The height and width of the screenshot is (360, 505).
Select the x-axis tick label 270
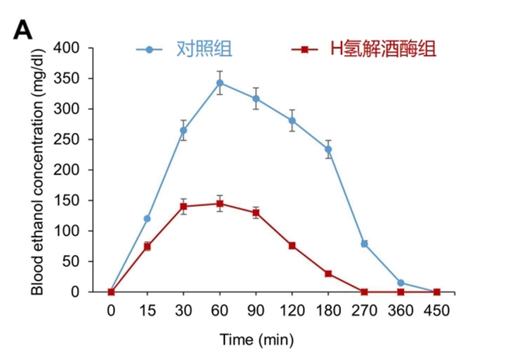[364, 309]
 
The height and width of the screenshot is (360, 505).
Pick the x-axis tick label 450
[437, 309]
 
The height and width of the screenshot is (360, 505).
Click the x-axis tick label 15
[148, 309]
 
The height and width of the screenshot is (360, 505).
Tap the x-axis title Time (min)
[256, 339]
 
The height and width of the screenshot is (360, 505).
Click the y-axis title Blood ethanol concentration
[37, 170]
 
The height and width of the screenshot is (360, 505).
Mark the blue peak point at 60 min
[220, 82]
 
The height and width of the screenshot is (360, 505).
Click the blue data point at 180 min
[328, 149]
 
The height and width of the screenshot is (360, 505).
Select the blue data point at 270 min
[364, 243]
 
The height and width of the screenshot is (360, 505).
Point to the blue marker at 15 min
[148, 218]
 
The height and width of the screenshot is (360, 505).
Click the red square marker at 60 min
[220, 204]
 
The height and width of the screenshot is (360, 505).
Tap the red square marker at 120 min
[292, 246]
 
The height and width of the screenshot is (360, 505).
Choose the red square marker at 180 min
[328, 274]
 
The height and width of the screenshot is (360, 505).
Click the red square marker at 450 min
[437, 292]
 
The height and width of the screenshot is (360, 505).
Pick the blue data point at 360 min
[400, 283]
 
